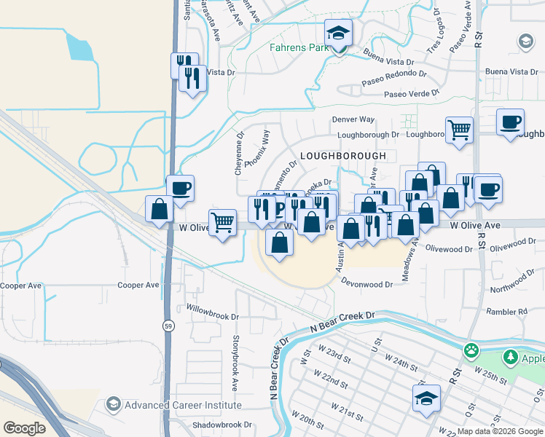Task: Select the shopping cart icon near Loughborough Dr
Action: click(x=459, y=131)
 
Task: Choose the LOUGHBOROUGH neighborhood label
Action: click(x=342, y=156)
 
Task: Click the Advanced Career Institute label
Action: click(x=183, y=405)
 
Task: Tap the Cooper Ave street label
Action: click(x=138, y=286)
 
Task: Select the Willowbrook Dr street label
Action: click(x=212, y=317)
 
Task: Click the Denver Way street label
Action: click(x=353, y=119)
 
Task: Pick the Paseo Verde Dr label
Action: click(x=412, y=94)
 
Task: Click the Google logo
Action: click(x=24, y=428)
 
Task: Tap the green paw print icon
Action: click(x=472, y=350)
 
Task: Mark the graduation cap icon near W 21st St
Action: click(x=426, y=398)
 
